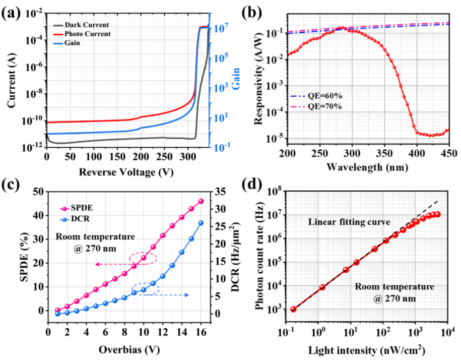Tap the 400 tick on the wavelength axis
[x=417, y=152]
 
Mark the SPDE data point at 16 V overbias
[x=201, y=201]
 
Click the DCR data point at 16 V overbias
[x=201, y=223]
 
